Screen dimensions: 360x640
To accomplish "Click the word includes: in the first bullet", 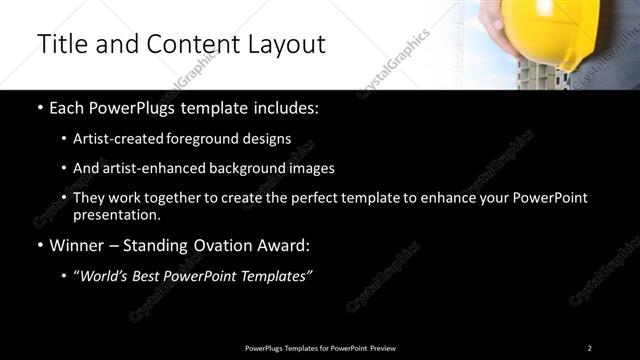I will coord(285,108).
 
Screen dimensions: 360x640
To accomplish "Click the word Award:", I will coord(286,244).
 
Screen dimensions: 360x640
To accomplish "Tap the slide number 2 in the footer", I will coord(589,348).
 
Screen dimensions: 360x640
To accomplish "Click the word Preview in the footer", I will coord(382,348).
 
